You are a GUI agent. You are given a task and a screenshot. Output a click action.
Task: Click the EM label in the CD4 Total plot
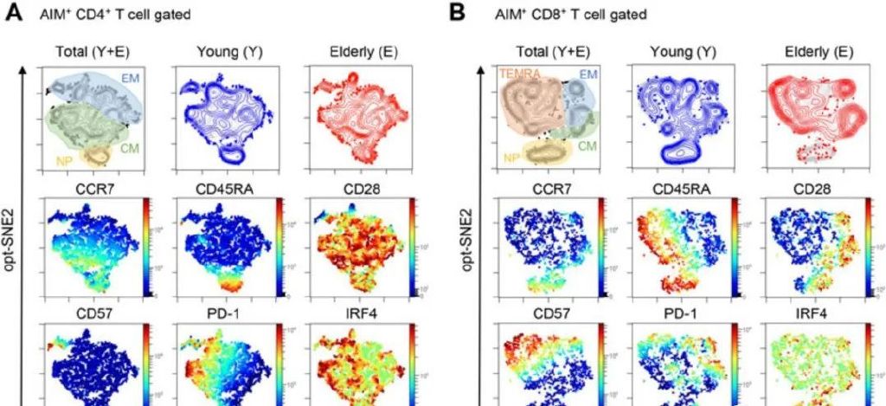click(x=130, y=78)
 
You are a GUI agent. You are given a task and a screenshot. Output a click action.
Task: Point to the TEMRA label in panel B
click(x=519, y=75)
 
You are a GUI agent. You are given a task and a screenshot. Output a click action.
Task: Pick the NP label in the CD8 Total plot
click(x=513, y=158)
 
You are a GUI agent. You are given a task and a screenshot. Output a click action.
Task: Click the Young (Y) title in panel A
click(x=221, y=51)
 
